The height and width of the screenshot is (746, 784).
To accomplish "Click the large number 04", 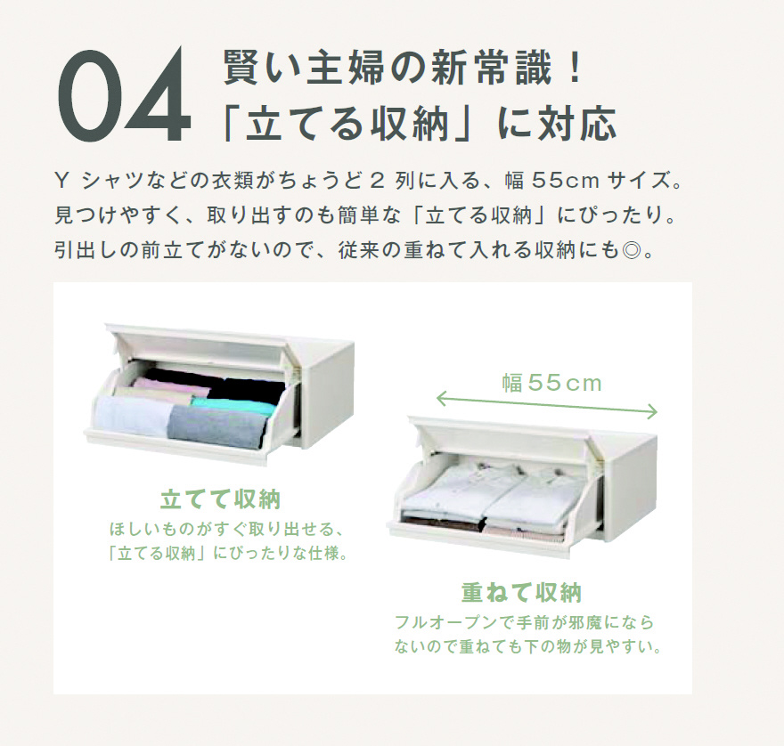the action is (124, 95).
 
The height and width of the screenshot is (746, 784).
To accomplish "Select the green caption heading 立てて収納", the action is (221, 499).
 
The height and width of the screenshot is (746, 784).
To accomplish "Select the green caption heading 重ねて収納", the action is (522, 593).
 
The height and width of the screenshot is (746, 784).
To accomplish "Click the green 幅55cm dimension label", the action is (552, 384).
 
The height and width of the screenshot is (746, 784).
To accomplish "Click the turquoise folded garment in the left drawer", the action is (233, 404).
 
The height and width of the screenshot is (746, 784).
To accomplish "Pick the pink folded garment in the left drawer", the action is (161, 390).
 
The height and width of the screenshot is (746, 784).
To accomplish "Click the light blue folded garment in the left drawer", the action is (133, 417).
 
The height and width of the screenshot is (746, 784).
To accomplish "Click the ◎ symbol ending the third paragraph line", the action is (632, 250).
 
